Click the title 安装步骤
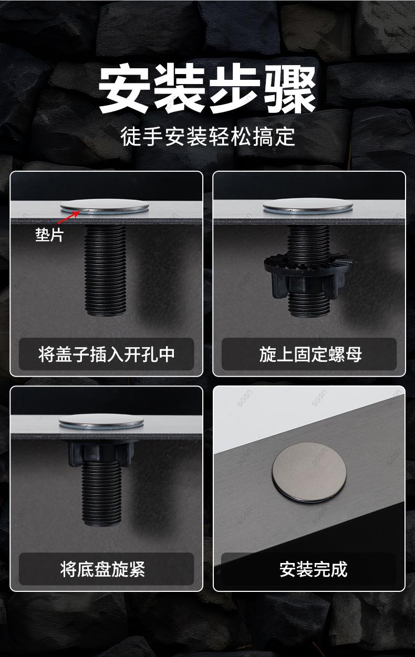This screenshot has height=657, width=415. [x=207, y=89]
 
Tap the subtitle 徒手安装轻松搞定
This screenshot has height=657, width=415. [x=207, y=137]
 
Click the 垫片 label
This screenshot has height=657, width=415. [x=49, y=235]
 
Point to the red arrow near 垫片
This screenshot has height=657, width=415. [x=69, y=217]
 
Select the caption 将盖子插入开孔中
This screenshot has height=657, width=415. [x=106, y=354]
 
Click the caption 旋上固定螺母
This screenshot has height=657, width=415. [x=310, y=354]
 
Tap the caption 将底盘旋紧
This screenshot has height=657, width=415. [x=102, y=569]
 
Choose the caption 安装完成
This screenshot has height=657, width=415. [x=313, y=569]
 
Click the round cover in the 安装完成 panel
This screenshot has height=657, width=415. [x=309, y=473]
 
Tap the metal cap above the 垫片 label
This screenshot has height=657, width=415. [x=105, y=206]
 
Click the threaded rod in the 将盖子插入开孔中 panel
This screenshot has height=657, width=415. [x=105, y=270]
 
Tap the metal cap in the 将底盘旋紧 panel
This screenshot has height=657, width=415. [x=101, y=422]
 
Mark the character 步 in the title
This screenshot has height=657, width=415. [x=235, y=89]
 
